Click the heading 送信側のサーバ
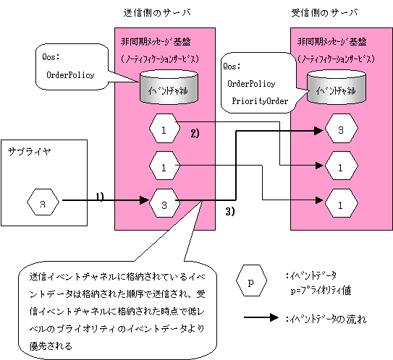pos(157,12)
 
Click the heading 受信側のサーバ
pos(324,12)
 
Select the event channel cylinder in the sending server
pos(169,87)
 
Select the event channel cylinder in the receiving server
pos(337,87)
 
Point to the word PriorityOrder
pos(260,101)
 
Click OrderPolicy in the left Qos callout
pos(70,75)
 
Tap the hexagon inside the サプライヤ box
pos(43,202)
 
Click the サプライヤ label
pos(30,152)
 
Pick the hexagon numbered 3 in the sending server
pos(164,203)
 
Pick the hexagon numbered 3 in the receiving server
pos(341,129)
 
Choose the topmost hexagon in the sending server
pos(164,129)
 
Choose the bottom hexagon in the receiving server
pos(341,203)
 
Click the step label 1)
pos(100,197)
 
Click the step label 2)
pos(195,133)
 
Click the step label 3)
pos(230,212)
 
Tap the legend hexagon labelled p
pos(251,281)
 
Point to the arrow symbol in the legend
pos(261,317)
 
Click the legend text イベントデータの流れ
pos(328,319)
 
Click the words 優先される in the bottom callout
pos(51,346)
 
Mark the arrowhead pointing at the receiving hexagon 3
pos(318,130)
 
